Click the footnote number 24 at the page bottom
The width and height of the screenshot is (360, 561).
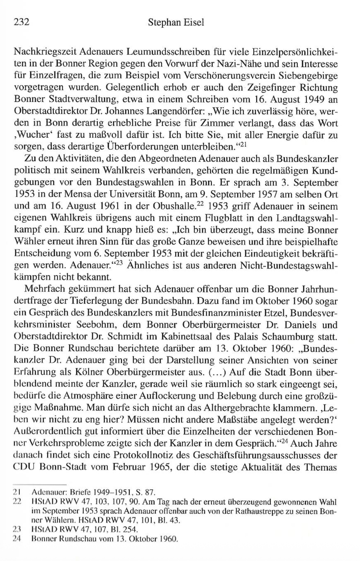point(17,539)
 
